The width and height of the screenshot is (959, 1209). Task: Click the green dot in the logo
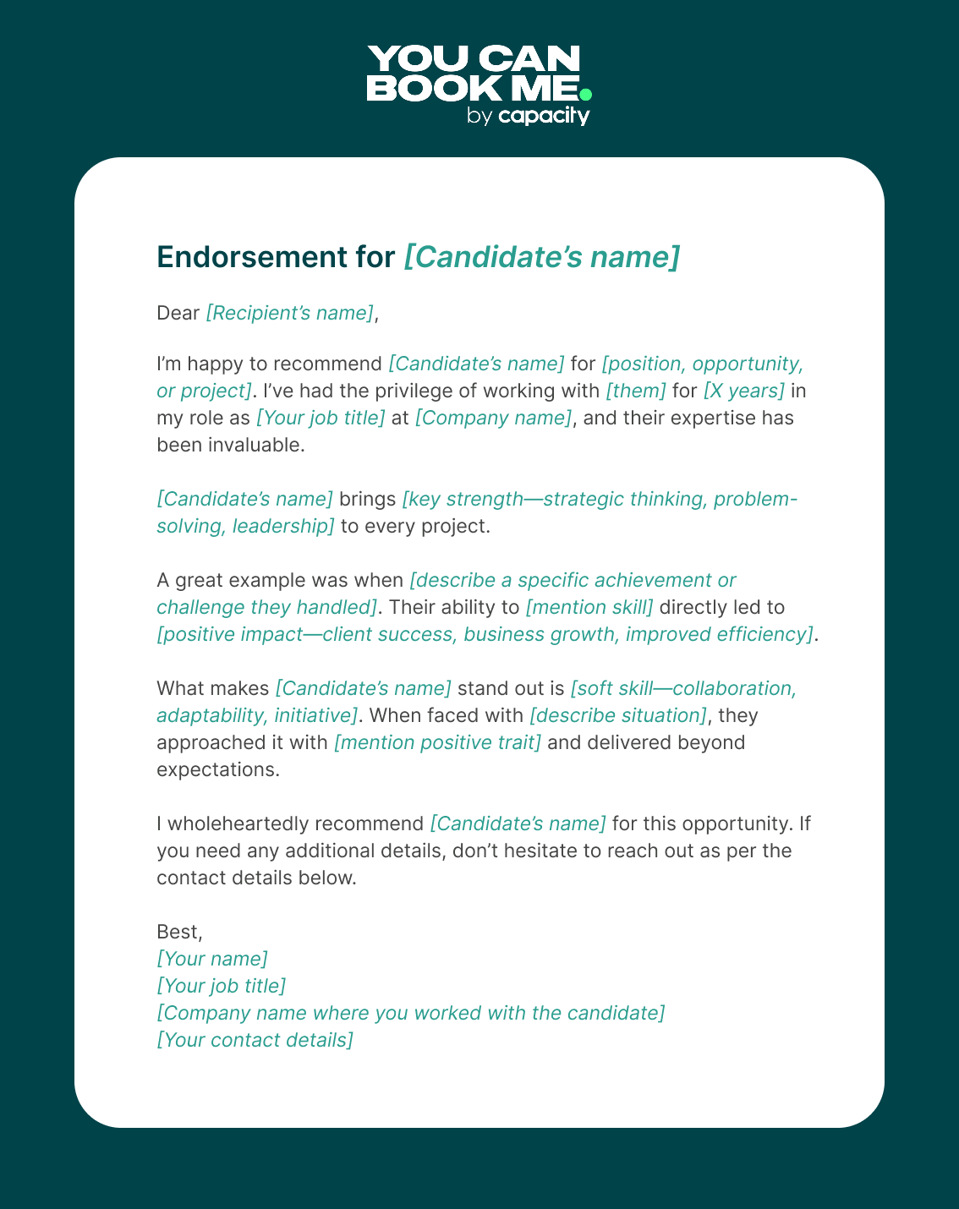tap(585, 94)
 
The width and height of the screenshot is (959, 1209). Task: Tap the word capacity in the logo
tap(544, 115)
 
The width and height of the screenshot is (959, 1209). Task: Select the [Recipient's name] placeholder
tap(289, 313)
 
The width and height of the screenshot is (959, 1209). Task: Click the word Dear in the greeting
tap(178, 313)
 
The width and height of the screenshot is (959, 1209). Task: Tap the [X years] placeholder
tap(744, 391)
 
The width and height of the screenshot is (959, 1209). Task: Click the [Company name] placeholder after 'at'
tap(493, 418)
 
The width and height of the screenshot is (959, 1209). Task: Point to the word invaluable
tap(255, 445)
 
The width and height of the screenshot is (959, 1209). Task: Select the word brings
tap(367, 499)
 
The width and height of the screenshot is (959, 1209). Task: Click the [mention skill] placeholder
tap(589, 607)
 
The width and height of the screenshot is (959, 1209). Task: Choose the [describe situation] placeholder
tap(618, 715)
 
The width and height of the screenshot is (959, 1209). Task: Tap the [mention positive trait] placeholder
tap(437, 742)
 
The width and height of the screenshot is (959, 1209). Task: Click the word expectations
tap(217, 769)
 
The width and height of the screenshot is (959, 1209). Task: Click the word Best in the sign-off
tap(178, 932)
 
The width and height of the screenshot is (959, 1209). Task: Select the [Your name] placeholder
tap(212, 959)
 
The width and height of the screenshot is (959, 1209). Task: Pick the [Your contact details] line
tap(255, 1040)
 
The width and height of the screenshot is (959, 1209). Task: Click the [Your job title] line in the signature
tap(222, 986)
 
